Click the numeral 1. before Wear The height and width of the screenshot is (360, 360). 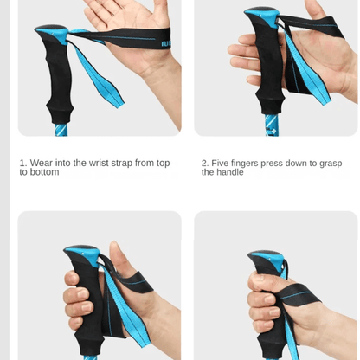23,162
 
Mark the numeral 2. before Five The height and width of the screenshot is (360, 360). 205,162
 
